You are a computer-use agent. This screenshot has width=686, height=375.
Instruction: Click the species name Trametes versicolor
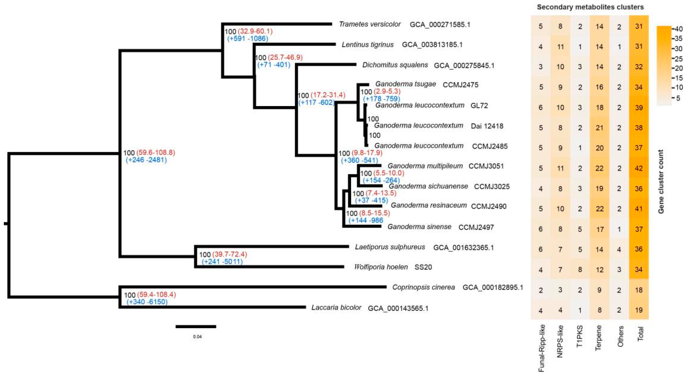tap(370, 24)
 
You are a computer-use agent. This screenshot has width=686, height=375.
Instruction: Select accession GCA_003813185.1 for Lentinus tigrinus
tap(432, 45)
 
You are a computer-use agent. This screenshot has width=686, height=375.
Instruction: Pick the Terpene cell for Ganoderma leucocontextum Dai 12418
tap(599, 128)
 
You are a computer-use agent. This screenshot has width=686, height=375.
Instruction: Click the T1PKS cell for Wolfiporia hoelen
tap(580, 269)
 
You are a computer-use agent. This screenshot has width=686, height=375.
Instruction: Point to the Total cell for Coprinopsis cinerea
tap(639, 290)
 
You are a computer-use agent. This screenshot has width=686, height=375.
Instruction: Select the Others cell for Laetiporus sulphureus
tap(619, 249)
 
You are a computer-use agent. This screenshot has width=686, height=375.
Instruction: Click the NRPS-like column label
tap(560, 341)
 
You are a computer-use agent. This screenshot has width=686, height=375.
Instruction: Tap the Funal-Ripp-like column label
tap(541, 348)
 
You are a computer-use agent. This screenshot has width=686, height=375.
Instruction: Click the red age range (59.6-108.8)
tap(156, 153)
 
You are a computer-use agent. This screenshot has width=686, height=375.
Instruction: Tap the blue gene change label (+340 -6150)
tap(147, 302)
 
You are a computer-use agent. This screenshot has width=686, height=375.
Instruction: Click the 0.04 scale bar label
tap(197, 337)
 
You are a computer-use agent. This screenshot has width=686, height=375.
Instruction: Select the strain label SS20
tap(423, 267)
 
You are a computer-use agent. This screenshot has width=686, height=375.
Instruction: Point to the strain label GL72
tap(479, 106)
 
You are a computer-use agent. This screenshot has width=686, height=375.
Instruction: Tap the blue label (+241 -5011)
tap(222, 262)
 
